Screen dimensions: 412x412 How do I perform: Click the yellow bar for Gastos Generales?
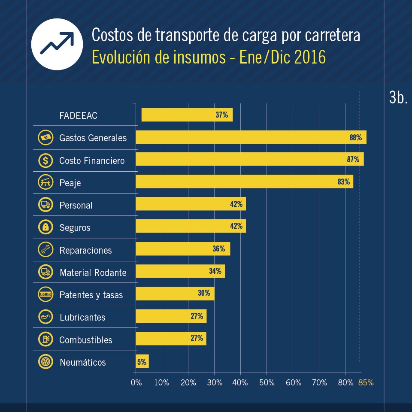(251, 137)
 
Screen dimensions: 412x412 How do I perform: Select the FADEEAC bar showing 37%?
(187, 115)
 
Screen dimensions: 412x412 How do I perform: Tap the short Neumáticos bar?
(142, 361)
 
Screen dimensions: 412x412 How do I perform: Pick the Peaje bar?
(245, 182)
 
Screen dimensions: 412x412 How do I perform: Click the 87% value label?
(353, 160)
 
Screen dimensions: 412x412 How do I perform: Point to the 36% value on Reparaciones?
(219, 249)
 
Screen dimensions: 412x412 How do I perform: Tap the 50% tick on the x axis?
(267, 382)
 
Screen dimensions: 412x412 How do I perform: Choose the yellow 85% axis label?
(366, 382)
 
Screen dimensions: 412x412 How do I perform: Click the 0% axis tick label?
(136, 382)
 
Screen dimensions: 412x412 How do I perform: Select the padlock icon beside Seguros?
(45, 227)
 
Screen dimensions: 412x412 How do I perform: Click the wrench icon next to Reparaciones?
(45, 249)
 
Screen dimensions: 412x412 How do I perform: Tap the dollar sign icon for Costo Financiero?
(45, 161)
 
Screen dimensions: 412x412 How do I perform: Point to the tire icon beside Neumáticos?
(45, 362)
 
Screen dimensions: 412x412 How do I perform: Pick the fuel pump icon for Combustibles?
(45, 339)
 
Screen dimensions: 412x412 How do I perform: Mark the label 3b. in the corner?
(398, 98)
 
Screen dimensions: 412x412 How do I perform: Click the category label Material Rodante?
(93, 273)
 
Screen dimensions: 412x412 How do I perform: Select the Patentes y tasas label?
(91, 295)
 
